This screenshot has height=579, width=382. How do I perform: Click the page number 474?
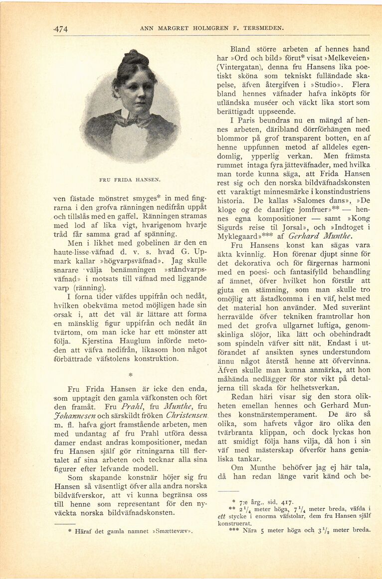coord(60,29)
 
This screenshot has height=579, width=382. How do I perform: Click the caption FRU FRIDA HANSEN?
coord(129,179)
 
